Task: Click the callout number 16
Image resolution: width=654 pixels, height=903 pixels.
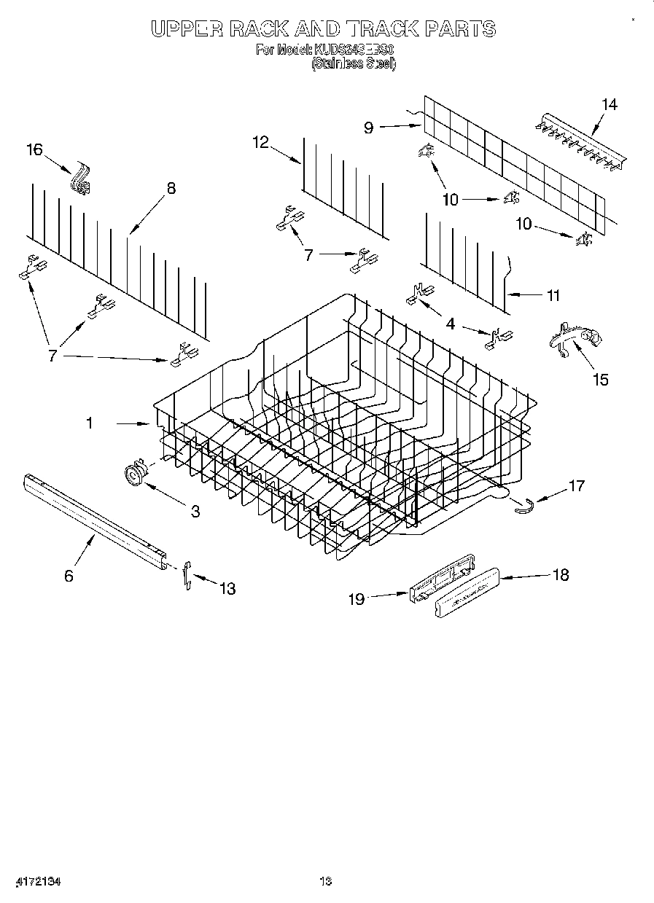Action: (x=34, y=150)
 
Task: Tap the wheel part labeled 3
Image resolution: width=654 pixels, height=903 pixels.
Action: (x=133, y=474)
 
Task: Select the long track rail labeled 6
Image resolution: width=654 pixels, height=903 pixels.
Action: (x=95, y=520)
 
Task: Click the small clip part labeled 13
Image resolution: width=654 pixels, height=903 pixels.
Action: (x=187, y=574)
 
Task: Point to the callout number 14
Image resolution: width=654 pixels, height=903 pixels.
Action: (x=609, y=105)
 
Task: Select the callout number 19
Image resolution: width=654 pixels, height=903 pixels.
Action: (x=356, y=599)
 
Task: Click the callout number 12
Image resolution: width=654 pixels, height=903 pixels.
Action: (x=261, y=142)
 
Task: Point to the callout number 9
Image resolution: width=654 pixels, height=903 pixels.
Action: (x=368, y=128)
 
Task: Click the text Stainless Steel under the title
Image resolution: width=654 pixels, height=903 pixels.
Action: (x=354, y=64)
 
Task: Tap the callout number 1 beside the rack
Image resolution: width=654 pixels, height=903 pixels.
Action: (x=90, y=423)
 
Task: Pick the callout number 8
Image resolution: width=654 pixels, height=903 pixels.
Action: (x=171, y=188)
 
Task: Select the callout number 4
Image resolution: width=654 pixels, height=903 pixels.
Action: (x=451, y=324)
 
